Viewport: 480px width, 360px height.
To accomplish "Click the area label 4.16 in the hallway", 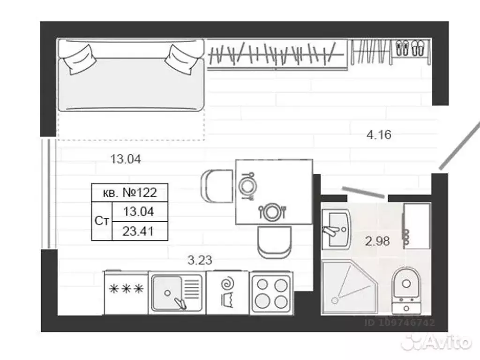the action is pyautogui.click(x=379, y=135).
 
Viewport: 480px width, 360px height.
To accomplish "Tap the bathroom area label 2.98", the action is pyautogui.click(x=377, y=241).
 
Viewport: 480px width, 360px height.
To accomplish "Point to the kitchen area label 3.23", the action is pyautogui.click(x=200, y=260).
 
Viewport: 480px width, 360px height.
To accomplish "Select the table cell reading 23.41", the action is pyautogui.click(x=140, y=231).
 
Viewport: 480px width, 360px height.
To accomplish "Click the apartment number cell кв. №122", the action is pyautogui.click(x=129, y=193).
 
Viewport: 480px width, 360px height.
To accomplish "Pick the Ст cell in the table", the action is pyautogui.click(x=102, y=221).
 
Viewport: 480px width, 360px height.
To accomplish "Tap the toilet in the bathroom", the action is pyautogui.click(x=406, y=290).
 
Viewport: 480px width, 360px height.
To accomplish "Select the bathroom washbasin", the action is pyautogui.click(x=336, y=229).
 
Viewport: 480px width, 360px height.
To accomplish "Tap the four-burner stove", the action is pyautogui.click(x=271, y=293).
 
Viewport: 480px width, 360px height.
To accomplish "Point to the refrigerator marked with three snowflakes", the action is pyautogui.click(x=126, y=292).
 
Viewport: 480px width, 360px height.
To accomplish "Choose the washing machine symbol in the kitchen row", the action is pyautogui.click(x=228, y=293).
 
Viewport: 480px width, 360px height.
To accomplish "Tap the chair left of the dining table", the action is pyautogui.click(x=217, y=186).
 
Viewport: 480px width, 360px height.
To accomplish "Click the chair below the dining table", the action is pyautogui.click(x=274, y=242).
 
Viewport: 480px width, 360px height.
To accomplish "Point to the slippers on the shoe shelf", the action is pyautogui.click(x=410, y=48).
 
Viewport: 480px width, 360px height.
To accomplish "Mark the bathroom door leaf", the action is pyautogui.click(x=363, y=192).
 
